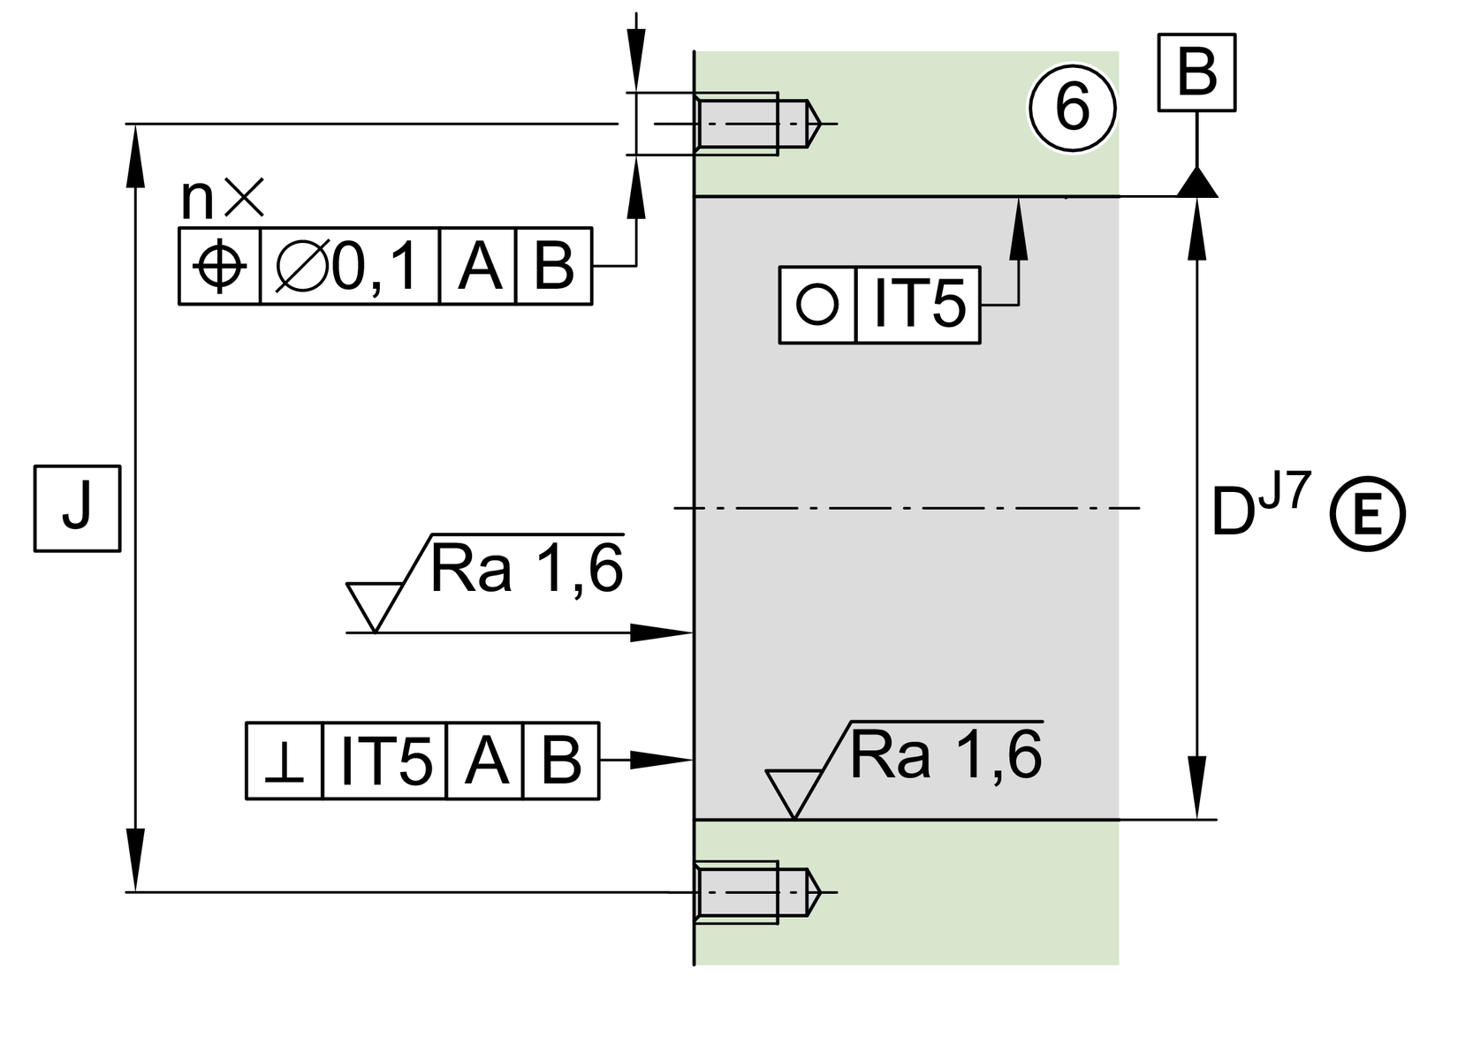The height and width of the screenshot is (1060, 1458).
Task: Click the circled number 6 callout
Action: pyautogui.click(x=1072, y=109)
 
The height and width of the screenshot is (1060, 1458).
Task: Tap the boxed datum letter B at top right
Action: pyautogui.click(x=1196, y=73)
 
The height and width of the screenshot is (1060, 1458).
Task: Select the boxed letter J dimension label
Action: pyautogui.click(x=77, y=509)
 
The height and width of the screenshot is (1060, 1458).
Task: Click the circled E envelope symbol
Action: pyautogui.click(x=1367, y=515)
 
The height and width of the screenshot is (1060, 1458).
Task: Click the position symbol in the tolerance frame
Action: pyautogui.click(x=219, y=266)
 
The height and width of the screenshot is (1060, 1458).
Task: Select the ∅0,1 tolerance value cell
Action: pyautogui.click(x=349, y=266)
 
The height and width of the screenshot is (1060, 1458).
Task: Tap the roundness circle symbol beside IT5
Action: pyautogui.click(x=817, y=305)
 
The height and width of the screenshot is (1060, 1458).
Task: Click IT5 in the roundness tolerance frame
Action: pyautogui.click(x=919, y=305)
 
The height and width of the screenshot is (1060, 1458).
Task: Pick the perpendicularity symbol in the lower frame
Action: pyautogui.click(x=285, y=761)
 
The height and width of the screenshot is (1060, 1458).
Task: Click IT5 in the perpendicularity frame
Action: pyautogui.click(x=385, y=761)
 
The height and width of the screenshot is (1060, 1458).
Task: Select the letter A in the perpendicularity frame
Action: pyautogui.click(x=485, y=761)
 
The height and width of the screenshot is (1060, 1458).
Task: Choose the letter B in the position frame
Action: pyautogui.click(x=554, y=266)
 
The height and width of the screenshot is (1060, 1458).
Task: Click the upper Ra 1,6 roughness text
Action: pyautogui.click(x=526, y=570)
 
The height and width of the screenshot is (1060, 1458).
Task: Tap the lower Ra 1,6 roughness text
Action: pyautogui.click(x=945, y=756)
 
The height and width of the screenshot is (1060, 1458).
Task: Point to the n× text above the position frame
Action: pyautogui.click(x=222, y=200)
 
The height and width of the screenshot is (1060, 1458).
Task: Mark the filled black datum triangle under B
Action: pyautogui.click(x=1197, y=184)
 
